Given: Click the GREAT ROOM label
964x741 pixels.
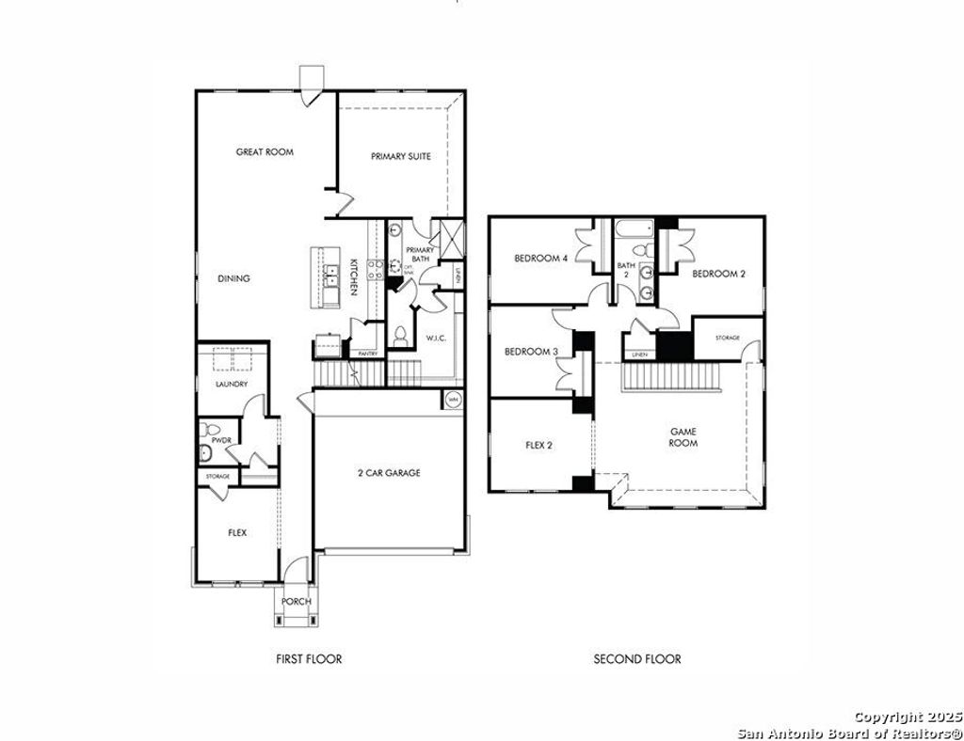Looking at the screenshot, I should click(x=265, y=151).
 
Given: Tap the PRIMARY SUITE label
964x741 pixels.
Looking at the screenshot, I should click(x=401, y=156).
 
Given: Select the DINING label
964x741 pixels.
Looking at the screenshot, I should click(x=233, y=278).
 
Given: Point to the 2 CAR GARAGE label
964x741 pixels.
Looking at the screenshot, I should click(x=389, y=473).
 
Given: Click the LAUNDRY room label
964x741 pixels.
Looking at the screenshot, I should click(x=232, y=384).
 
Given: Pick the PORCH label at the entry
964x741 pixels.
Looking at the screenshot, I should click(x=297, y=602).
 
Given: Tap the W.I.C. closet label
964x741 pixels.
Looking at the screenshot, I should click(x=435, y=338).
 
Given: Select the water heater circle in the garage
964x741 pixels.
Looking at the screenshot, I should click(x=453, y=399).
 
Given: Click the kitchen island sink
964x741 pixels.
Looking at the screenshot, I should click(x=331, y=276).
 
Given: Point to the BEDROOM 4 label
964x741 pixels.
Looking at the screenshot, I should click(x=541, y=259).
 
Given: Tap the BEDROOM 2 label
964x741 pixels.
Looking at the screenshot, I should click(x=718, y=274).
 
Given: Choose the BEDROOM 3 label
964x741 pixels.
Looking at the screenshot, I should click(x=532, y=352).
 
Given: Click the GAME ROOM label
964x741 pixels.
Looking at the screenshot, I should click(x=683, y=437).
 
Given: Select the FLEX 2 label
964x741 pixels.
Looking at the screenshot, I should click(x=538, y=445).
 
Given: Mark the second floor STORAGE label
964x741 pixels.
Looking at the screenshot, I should click(x=727, y=338).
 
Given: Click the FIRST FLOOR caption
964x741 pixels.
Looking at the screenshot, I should click(x=309, y=659).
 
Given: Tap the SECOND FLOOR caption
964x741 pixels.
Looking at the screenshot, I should click(x=636, y=659).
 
